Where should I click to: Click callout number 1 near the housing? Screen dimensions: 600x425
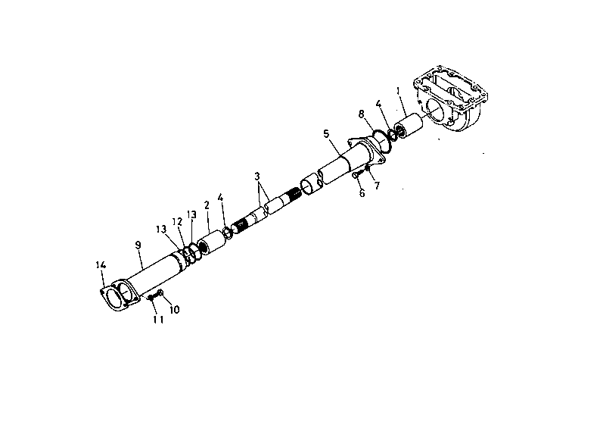click(x=398, y=91)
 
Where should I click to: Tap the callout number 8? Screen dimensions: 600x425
click(x=361, y=114)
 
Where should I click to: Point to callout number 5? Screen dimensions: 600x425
click(x=326, y=134)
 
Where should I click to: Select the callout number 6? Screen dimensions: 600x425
click(x=362, y=192)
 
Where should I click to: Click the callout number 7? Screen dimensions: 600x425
click(x=377, y=186)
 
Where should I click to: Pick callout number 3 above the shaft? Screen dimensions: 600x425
click(x=257, y=177)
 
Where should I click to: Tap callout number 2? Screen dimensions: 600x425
click(x=207, y=205)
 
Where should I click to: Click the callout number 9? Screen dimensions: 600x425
click(x=138, y=245)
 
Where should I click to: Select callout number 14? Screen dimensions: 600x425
click(x=101, y=265)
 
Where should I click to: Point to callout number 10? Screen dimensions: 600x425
click(x=174, y=310)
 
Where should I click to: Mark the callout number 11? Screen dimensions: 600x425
click(x=158, y=320)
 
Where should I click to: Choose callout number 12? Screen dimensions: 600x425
click(x=177, y=222)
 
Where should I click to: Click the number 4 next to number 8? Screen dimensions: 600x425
click(x=378, y=104)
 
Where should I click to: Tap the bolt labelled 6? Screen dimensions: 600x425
click(x=356, y=175)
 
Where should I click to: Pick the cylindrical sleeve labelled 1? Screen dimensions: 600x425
click(x=409, y=126)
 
